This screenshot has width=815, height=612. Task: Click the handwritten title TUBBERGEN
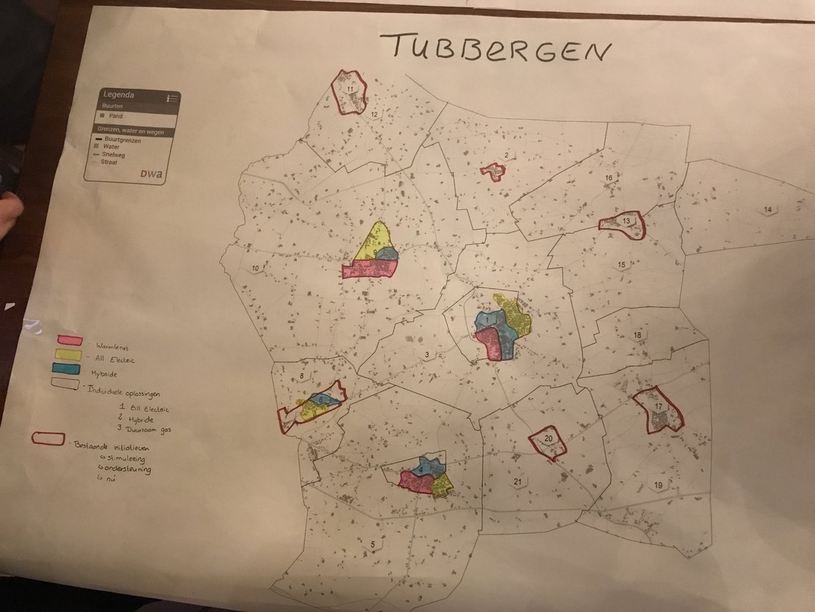(494, 50)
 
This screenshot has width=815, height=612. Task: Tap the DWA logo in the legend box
(151, 174)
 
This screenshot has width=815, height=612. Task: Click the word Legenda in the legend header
(118, 95)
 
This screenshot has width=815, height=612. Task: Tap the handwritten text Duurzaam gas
(144, 430)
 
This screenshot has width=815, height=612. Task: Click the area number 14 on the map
(767, 209)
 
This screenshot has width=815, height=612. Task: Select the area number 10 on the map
(255, 269)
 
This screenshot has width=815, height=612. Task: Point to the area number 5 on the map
(372, 544)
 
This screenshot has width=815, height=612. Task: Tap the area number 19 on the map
(657, 485)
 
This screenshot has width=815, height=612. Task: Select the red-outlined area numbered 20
(548, 441)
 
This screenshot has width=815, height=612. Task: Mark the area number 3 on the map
(427, 354)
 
